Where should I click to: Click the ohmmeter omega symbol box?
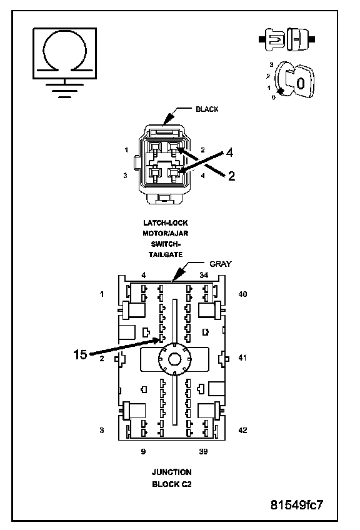64,53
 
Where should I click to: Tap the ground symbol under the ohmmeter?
64,89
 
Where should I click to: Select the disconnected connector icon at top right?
287,39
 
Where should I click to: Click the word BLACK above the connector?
207,109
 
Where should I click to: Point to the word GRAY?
221,264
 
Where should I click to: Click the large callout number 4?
229,152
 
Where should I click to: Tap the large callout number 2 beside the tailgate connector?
231,176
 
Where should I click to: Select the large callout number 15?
81,354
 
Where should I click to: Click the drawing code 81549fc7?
297,504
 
